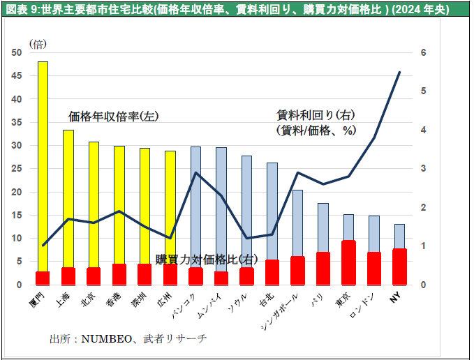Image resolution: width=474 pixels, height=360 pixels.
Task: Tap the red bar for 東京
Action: click(348, 262)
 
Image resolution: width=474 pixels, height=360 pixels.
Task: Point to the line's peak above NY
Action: click(399, 72)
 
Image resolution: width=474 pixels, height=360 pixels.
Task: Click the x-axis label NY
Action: click(395, 298)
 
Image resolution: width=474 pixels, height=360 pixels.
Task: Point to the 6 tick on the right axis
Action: click(424, 53)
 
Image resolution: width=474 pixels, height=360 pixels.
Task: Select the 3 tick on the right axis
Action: click(424, 169)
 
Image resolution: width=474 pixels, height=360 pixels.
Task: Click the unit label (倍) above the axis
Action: click(37, 43)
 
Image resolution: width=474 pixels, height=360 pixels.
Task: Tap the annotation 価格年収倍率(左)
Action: click(113, 116)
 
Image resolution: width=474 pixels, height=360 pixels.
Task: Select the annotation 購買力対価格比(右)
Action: click(207, 259)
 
